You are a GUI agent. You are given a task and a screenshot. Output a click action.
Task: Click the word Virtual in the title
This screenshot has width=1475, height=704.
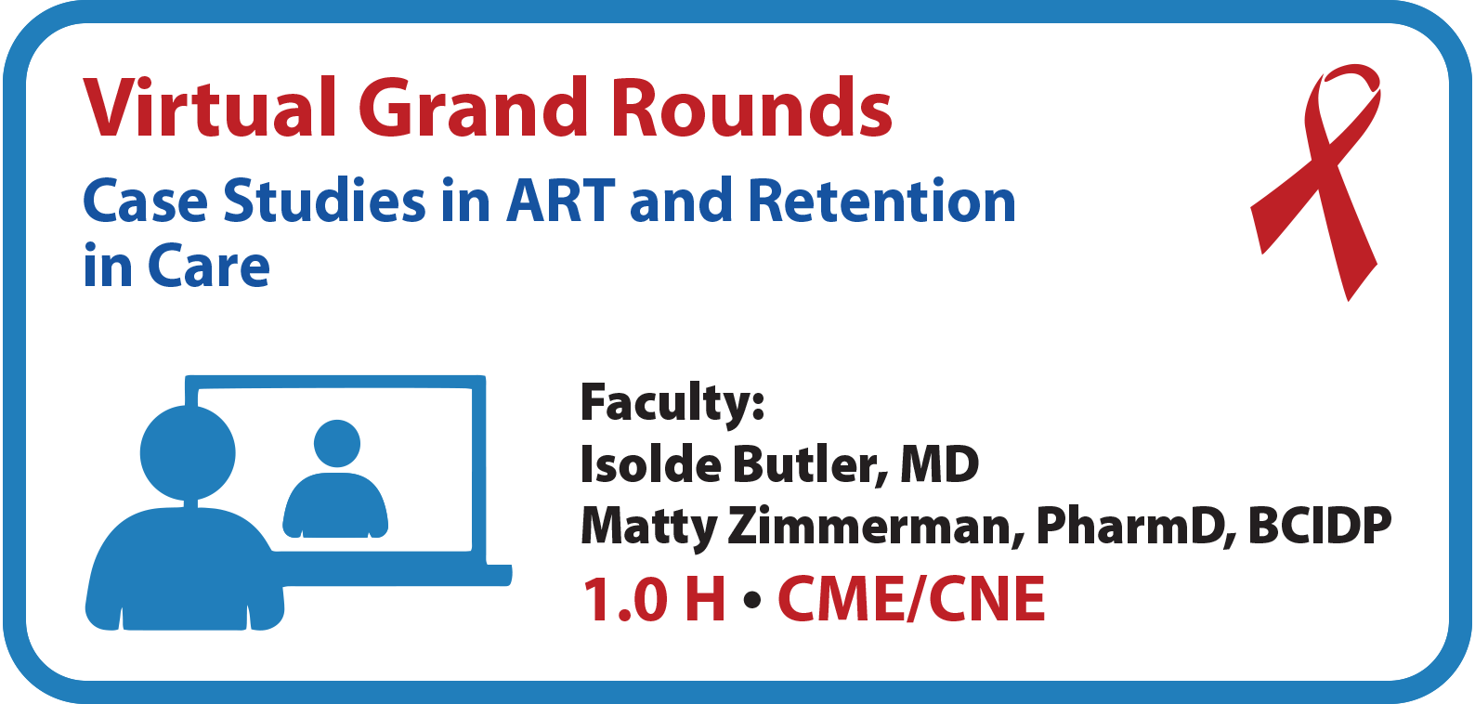210,108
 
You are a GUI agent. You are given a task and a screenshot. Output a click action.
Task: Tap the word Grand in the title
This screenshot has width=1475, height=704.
472,108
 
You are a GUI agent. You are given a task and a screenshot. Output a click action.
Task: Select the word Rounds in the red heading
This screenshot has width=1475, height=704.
751,108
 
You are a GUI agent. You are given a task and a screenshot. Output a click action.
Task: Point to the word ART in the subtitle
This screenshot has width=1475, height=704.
560,201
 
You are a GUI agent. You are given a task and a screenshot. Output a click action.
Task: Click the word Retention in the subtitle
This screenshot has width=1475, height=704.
881,201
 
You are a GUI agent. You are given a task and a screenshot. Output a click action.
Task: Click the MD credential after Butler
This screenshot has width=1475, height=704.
939,465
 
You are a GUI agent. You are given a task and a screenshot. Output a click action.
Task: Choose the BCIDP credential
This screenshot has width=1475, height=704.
1320,526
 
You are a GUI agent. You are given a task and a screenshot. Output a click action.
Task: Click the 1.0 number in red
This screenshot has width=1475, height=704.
625,599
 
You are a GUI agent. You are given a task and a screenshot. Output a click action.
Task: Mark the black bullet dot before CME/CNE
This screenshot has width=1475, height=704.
751,599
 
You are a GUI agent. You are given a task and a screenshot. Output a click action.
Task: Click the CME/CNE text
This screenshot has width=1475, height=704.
911,599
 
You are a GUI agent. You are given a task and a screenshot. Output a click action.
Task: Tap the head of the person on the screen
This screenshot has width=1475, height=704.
337,443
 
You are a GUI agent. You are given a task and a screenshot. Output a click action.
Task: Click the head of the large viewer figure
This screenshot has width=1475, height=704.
188,453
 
